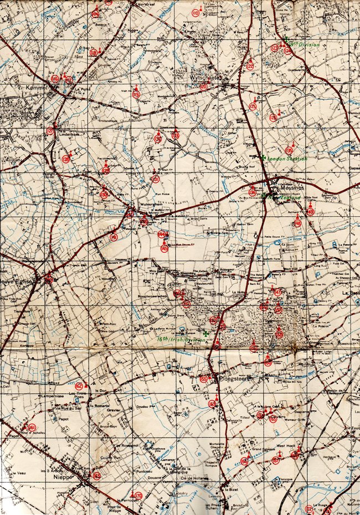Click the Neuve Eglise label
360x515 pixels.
coord(18,281)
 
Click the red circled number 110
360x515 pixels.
coord(195,13)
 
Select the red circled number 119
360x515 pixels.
coord(136,95)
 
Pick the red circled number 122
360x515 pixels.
coord(250,67)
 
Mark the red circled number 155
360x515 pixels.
coord(203,379)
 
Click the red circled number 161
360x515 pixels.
coord(32,427)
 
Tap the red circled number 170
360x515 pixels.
coord(138,496)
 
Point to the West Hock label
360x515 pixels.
coord(287,445)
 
